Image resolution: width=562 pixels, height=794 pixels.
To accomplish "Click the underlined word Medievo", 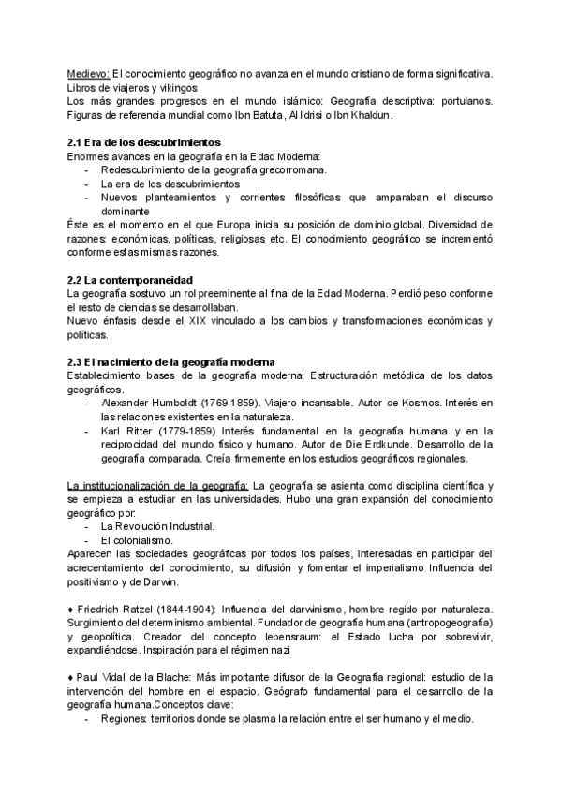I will [89, 73].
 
